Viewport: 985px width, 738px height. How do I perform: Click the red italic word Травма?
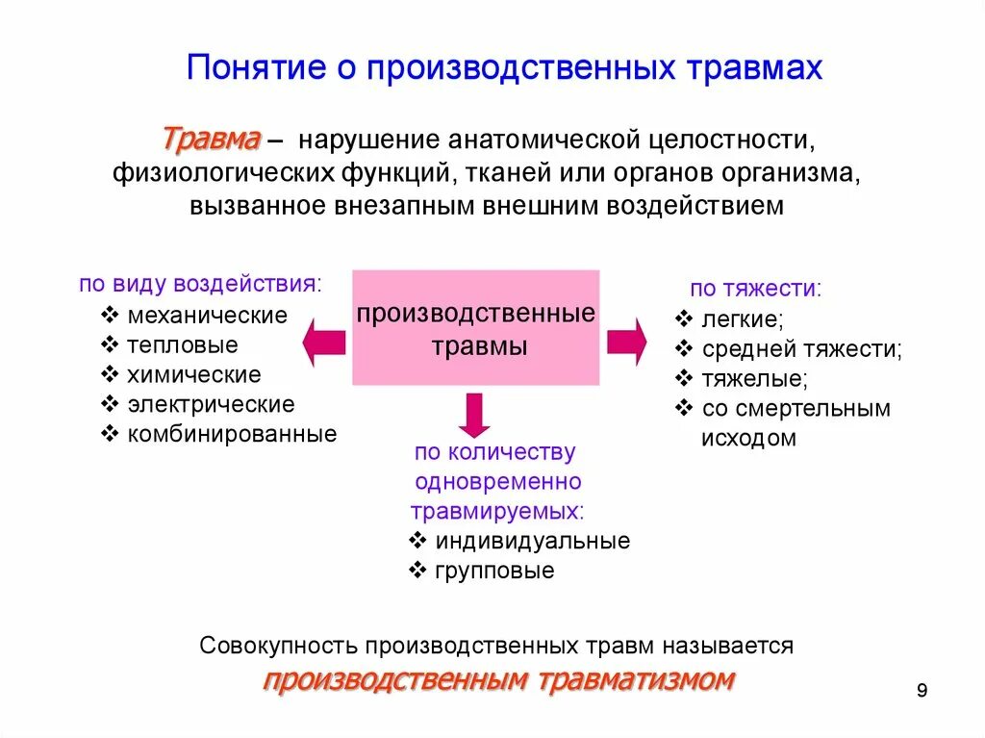[x=211, y=140]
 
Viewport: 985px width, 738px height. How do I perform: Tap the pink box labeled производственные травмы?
[x=476, y=328]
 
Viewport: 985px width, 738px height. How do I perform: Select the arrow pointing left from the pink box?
[x=324, y=343]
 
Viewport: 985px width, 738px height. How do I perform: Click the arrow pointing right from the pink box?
[x=626, y=342]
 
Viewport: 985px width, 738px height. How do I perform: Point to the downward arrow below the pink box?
[x=474, y=414]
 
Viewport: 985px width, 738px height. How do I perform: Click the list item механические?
[x=208, y=316]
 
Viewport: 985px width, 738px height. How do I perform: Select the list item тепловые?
[x=183, y=344]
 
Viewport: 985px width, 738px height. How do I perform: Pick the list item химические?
[x=194, y=374]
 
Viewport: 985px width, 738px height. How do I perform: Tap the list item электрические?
[x=211, y=404]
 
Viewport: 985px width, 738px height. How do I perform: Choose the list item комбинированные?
[x=232, y=434]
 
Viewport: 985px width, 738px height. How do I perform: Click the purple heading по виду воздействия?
[x=200, y=285]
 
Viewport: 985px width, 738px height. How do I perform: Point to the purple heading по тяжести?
[x=755, y=289]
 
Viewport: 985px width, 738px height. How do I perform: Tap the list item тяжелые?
[x=754, y=378]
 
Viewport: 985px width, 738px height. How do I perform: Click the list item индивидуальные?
[x=532, y=541]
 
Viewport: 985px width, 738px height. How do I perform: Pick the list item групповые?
[x=494, y=571]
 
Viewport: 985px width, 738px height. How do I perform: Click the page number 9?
[x=922, y=691]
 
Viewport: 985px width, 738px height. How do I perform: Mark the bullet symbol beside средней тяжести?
[x=684, y=348]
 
